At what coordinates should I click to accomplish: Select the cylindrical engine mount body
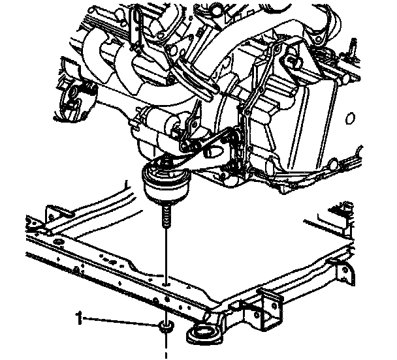(166, 185)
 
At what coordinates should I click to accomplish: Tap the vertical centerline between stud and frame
(167, 254)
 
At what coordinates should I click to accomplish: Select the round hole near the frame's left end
(56, 243)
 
